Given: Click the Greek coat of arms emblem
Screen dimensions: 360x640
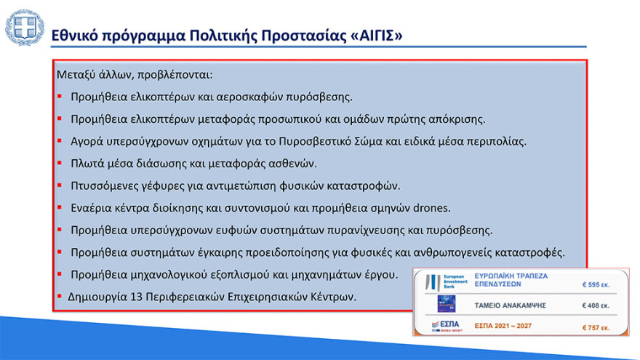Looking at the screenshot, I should click(x=24, y=29).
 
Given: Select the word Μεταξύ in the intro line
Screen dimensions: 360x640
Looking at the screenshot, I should click(x=77, y=75).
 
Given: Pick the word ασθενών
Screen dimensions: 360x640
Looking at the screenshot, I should click(x=294, y=164).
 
